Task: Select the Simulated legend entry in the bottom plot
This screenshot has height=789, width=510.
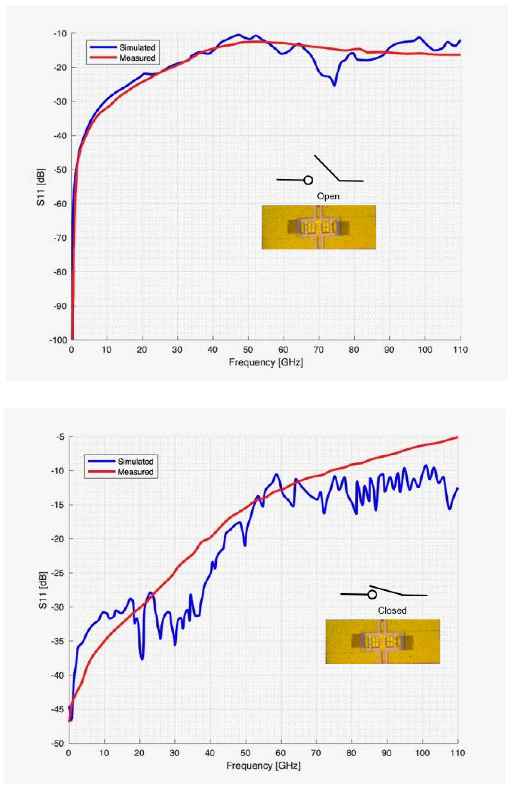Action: [135, 461]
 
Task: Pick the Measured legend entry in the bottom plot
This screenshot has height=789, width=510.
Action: [135, 472]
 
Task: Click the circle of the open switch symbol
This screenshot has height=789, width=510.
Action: [308, 180]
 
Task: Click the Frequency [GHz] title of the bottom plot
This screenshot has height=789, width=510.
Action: [263, 765]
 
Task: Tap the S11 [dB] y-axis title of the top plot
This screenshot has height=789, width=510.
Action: [41, 187]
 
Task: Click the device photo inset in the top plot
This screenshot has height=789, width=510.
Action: [319, 227]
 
